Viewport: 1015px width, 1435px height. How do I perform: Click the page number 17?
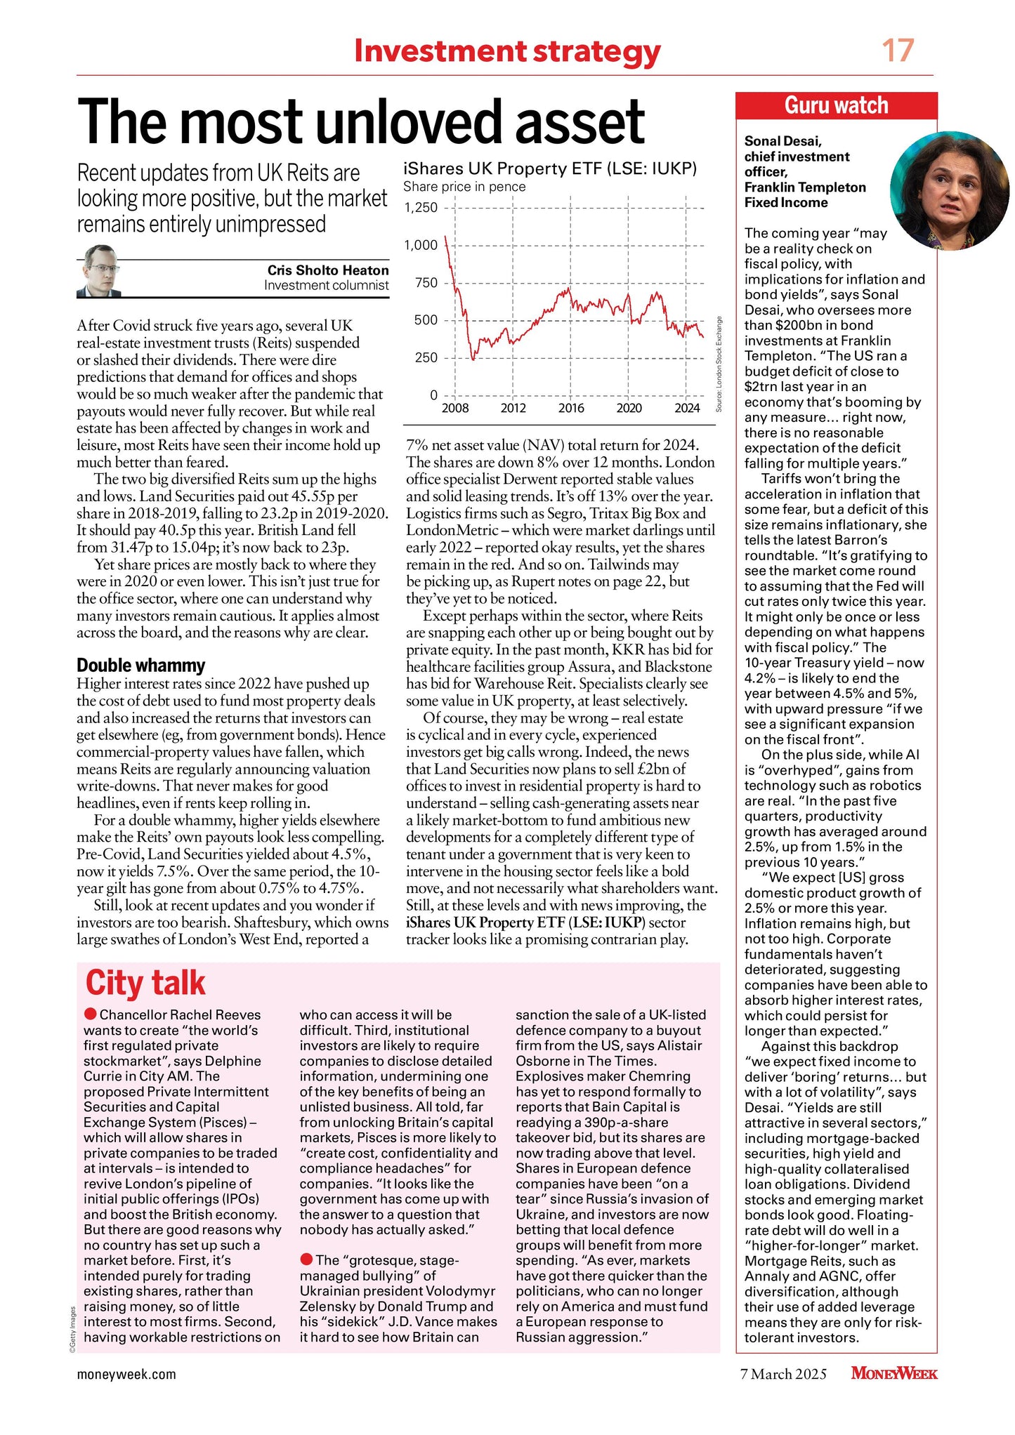898,51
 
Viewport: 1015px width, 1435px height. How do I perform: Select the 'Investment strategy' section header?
507,51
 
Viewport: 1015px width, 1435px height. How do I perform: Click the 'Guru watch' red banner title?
836,105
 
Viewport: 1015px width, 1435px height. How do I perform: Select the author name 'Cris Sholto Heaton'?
327,270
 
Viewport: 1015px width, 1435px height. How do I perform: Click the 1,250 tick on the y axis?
421,208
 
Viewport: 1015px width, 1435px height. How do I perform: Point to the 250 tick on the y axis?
426,357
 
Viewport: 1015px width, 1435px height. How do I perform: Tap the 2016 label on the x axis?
571,409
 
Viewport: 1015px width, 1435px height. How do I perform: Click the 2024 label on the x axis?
687,409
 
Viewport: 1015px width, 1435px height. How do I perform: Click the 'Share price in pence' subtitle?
464,187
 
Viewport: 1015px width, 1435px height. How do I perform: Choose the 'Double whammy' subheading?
140,665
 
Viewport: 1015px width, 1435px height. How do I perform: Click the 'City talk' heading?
145,983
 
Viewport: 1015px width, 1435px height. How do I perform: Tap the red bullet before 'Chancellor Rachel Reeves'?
90,1014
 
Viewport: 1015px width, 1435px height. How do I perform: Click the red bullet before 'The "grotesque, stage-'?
306,1259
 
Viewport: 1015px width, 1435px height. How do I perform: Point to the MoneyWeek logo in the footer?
893,1373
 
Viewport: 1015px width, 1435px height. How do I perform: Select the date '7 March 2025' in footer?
783,1374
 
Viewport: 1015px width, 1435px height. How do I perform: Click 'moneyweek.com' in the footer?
126,1374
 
